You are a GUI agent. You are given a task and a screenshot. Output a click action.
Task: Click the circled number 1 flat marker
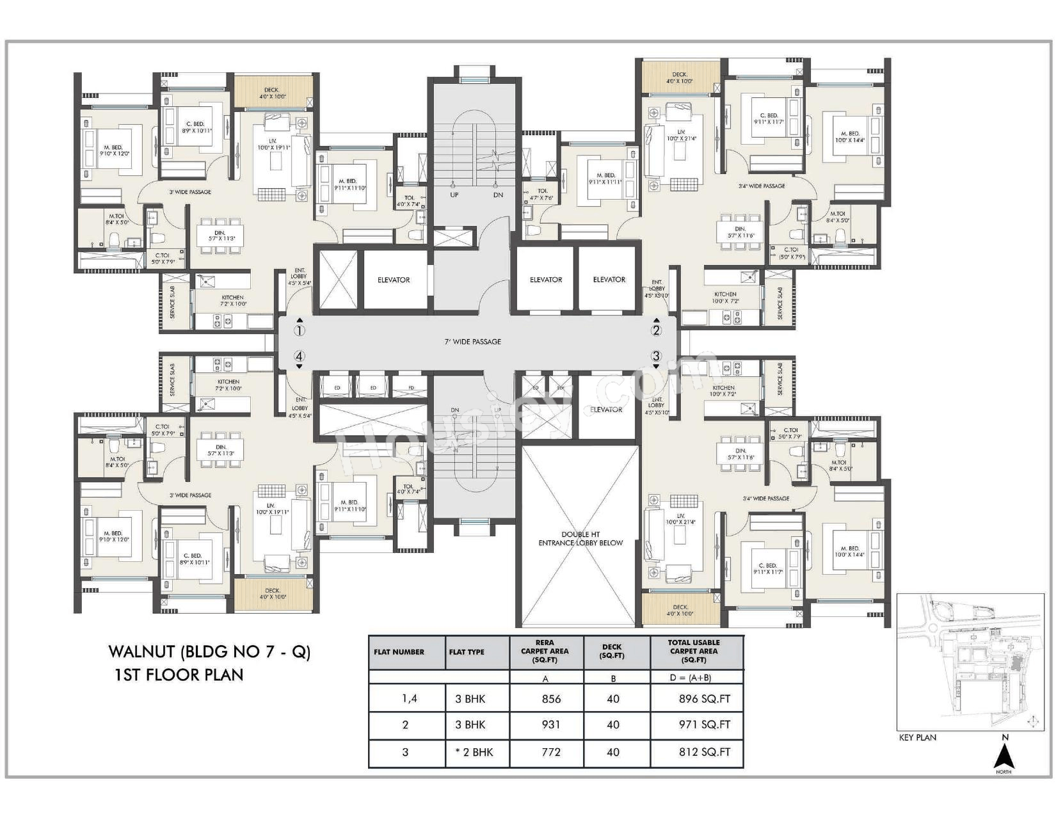(x=299, y=331)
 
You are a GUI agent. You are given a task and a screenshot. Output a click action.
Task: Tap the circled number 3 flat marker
(x=656, y=356)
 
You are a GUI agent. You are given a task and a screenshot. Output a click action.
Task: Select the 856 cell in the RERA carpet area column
(x=550, y=699)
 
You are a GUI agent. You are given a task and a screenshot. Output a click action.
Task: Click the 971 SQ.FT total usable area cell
(x=704, y=725)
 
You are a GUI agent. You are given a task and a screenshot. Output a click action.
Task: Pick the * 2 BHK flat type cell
(x=474, y=752)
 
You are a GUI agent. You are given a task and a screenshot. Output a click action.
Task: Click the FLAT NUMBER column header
(x=399, y=652)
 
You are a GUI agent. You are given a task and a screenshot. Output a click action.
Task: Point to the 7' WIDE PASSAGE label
(x=473, y=342)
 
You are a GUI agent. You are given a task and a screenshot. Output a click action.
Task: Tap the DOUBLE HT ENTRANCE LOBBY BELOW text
(x=580, y=538)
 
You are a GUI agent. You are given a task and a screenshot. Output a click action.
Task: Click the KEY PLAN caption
(x=917, y=737)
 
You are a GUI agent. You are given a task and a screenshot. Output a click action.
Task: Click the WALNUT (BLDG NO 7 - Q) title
(x=209, y=652)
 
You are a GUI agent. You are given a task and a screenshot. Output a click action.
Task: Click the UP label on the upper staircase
(x=454, y=195)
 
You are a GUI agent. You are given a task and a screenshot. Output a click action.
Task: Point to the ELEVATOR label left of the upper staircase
(x=393, y=280)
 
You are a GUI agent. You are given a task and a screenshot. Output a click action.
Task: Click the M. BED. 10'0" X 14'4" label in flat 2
(x=847, y=137)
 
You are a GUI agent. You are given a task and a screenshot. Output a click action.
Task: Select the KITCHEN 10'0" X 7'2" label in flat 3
(x=724, y=390)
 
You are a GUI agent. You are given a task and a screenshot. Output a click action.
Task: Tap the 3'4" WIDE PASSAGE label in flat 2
(x=761, y=186)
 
